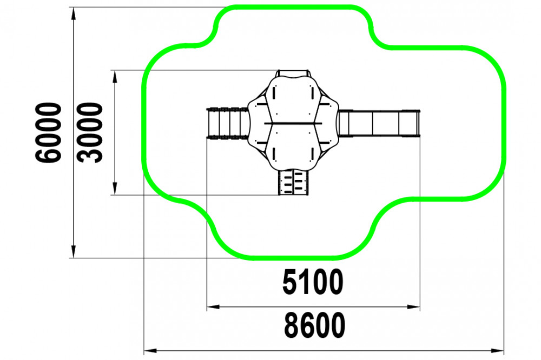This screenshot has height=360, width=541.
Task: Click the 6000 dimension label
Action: point(48,132)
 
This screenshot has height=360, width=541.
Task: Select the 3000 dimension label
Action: point(90,132)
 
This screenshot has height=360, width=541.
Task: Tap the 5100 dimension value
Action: point(313,282)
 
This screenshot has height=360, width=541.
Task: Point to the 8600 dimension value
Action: point(314,325)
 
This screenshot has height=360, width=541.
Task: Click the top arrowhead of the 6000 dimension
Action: point(73,13)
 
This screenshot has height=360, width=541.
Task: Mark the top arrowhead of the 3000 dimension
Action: point(115,77)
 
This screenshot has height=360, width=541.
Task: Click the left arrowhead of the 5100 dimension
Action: point(213,306)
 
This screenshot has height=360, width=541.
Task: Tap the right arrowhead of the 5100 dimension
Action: point(414,306)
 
